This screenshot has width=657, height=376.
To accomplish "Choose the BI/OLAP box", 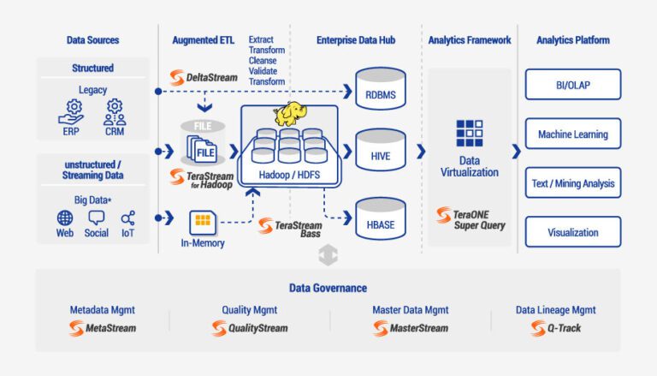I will coord(572,86).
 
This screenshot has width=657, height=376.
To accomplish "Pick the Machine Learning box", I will coord(572,134).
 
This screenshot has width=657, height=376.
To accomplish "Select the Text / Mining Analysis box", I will coord(572,183).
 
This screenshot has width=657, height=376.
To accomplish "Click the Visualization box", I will coord(572,232).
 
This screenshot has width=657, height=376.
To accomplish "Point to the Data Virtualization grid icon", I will coord(469,134).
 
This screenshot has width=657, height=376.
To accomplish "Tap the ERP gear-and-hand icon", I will coord(72,112).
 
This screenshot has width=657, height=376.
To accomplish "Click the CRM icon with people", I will coord(115,112).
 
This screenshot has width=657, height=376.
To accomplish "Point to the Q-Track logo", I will coord(555,328).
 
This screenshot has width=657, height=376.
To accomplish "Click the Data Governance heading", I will coord(328,289).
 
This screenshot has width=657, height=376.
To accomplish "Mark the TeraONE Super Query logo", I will coord(469,219).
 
